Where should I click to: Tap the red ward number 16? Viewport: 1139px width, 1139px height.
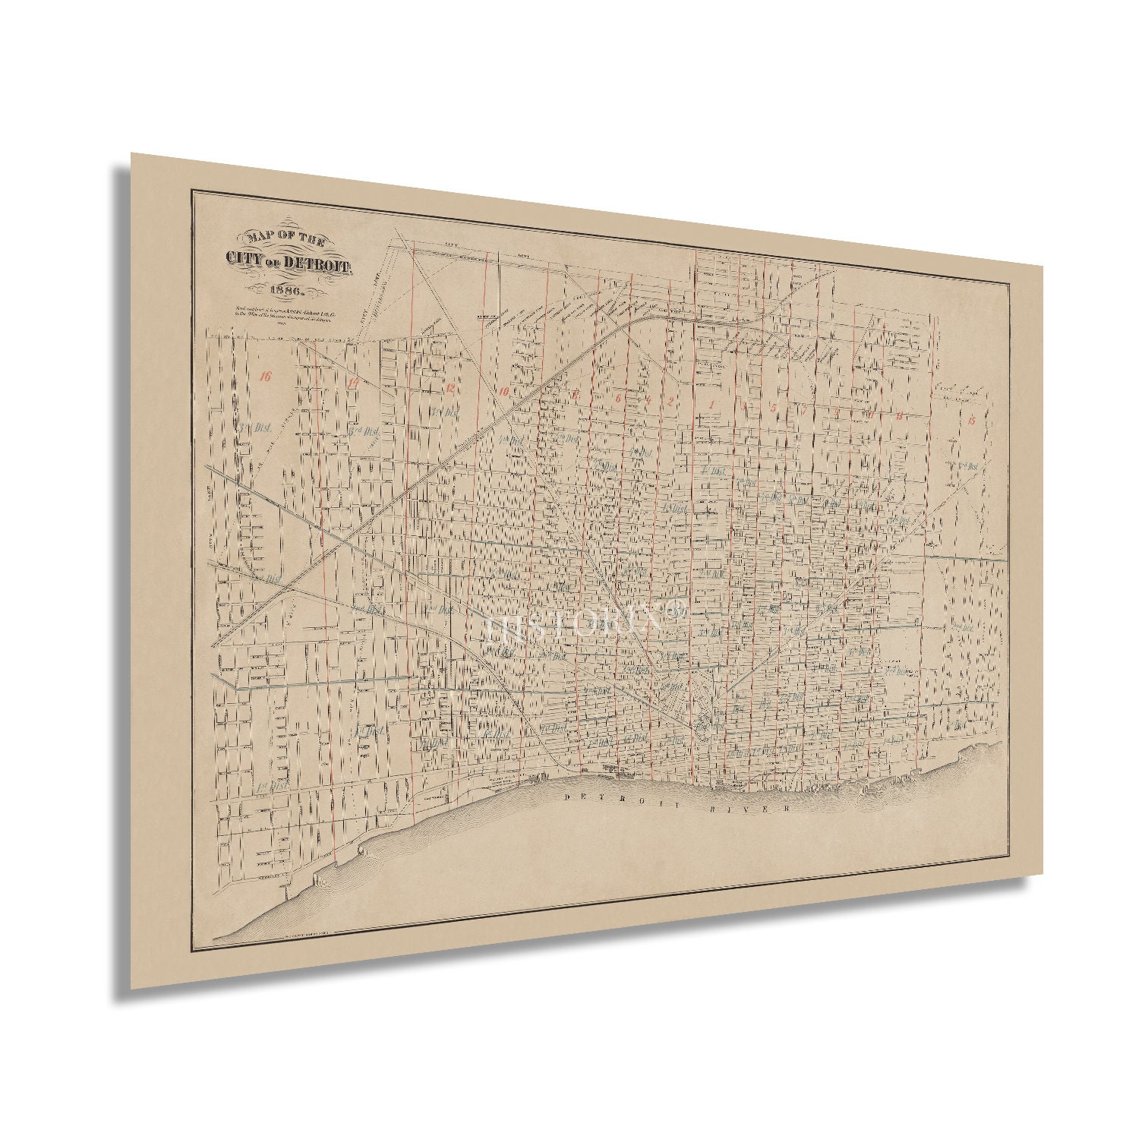tap(264, 375)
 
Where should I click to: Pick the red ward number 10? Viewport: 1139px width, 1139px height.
tap(503, 392)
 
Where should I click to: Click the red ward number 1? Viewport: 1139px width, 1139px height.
tap(711, 404)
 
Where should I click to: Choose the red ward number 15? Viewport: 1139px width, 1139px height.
tap(971, 420)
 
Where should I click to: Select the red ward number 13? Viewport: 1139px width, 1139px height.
tap(899, 415)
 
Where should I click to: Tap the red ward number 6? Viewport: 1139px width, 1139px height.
tap(618, 398)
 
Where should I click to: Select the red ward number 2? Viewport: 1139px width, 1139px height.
tap(670, 402)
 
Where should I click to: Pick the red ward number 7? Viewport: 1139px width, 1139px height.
tap(805, 411)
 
